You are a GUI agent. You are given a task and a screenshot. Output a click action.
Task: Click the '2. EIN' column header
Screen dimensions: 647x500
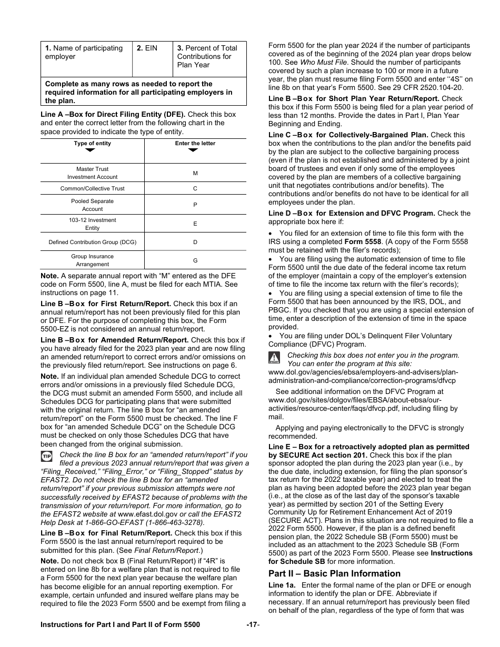point(147,48)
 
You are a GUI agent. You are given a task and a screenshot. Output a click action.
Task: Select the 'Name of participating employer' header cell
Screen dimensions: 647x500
point(84,52)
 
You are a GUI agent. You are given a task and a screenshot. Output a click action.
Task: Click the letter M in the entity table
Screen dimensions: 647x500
point(195,173)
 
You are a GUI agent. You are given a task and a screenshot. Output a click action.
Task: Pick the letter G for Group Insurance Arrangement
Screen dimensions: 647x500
point(195,260)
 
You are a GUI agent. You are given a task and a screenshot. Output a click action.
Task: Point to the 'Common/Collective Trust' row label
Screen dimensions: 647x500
point(92,188)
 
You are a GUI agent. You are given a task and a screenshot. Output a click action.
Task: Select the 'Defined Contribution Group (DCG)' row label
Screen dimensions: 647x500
point(92,242)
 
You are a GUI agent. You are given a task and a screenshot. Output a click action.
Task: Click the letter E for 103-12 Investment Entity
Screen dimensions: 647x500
point(195,224)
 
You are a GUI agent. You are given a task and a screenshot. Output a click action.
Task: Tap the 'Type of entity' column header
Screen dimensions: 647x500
point(92,143)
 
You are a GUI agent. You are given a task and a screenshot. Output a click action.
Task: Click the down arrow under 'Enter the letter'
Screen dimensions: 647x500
point(193,150)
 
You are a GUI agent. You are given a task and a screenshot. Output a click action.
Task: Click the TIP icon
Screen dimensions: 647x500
point(47,456)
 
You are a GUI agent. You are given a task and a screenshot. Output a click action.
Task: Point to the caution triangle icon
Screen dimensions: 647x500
point(274,358)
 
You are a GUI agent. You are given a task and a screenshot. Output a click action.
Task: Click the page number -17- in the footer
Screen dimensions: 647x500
point(253,624)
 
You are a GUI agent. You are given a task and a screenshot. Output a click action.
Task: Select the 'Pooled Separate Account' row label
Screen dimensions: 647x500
point(92,205)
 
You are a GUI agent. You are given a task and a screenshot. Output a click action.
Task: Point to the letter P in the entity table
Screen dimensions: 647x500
point(195,205)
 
